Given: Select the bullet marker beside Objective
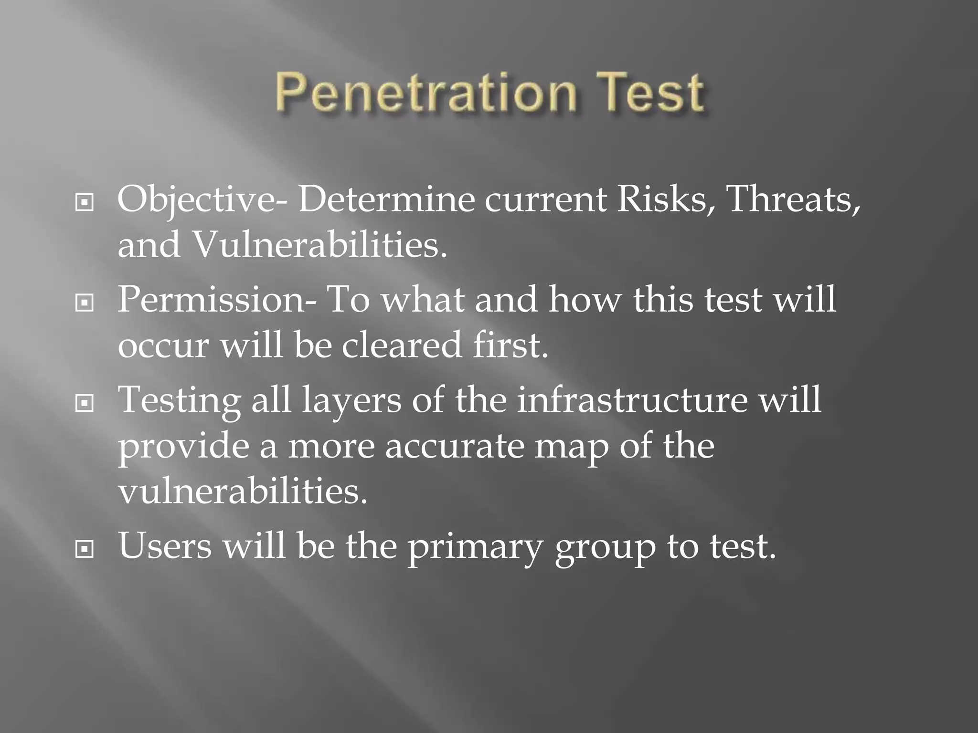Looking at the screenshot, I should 85,203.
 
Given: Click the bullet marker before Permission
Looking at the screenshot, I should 85,303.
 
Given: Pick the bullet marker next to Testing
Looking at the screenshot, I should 85,403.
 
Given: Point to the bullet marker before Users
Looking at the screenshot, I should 85,550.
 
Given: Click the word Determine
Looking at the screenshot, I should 386,199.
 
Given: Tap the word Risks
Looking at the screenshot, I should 661,199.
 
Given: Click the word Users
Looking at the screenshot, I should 165,546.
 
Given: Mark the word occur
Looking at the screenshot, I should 163,345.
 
